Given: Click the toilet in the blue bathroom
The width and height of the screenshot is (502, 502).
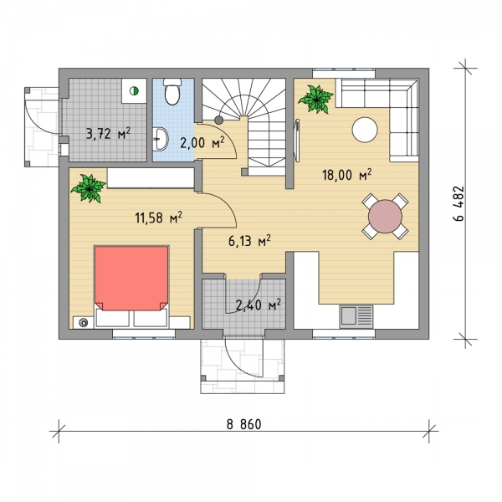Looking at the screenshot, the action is pos(172,91).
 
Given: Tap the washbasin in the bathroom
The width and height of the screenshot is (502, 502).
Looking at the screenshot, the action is pos(161,139).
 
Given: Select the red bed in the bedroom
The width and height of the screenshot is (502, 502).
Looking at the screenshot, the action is pos(131,278).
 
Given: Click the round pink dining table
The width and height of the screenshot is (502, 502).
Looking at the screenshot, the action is pos(385,217).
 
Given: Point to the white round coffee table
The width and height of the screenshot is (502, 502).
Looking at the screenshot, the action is pos(365,130).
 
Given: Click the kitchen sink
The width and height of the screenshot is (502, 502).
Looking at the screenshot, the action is pos(356,316).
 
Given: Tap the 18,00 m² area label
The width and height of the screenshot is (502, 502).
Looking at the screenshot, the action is pos(347,175).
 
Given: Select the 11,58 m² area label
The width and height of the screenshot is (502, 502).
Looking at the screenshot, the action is pos(158,218).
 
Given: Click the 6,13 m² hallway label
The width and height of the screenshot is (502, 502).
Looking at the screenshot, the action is pos(249,241).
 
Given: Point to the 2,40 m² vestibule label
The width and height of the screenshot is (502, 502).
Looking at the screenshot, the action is pos(259,305).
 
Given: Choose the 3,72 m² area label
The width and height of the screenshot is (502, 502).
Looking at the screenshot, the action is pos(108,133).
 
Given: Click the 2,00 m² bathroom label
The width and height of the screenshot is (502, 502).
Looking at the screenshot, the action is pos(202,142).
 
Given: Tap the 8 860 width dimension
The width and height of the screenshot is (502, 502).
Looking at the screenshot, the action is pos(244,424).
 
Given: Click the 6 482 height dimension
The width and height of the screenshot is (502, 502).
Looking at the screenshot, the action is pos(458,203).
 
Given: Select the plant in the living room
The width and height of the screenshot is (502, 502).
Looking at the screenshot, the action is pos(316,99).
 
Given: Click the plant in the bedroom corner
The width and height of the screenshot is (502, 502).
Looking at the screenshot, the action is pos(89,188).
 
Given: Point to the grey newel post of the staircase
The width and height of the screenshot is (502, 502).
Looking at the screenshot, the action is pos(218,120).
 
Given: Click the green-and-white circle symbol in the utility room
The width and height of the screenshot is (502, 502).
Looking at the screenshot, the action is pos(134,91).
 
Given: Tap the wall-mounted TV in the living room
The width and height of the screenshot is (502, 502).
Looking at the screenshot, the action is pos(297,141).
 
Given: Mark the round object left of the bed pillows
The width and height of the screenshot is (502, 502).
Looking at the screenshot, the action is pos(84,322).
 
